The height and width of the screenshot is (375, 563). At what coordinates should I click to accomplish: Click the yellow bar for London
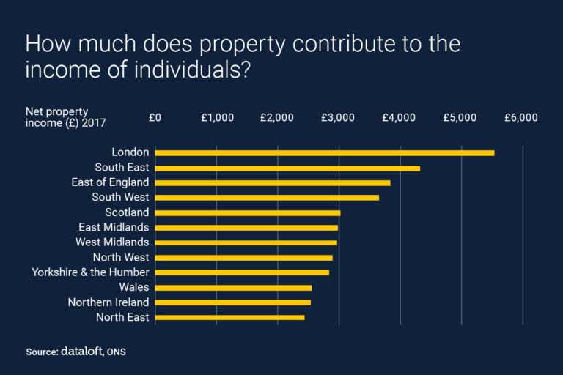(325, 152)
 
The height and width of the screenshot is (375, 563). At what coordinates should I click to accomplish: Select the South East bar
(287, 168)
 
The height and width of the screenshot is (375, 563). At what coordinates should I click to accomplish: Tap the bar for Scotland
(248, 212)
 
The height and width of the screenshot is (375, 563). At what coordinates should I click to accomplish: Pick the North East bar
(229, 317)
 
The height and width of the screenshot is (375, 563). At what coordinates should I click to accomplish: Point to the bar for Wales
(233, 287)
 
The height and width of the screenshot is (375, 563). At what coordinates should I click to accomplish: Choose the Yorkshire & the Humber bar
(242, 272)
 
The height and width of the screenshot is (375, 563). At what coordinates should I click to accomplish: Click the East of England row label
(110, 182)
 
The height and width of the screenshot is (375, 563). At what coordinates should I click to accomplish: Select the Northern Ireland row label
(108, 302)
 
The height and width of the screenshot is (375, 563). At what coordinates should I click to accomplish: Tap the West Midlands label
(112, 242)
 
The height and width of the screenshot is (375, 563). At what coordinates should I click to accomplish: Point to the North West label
(120, 257)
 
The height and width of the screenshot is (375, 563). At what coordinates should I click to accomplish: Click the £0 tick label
(155, 117)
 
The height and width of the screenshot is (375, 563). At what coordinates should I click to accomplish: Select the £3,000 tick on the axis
(339, 117)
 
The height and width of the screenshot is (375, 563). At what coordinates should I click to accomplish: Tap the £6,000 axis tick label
(521, 117)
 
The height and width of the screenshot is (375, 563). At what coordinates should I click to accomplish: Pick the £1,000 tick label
(217, 117)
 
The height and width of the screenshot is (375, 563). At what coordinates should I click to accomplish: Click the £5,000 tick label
(461, 117)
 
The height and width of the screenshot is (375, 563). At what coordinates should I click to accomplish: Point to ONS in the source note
(116, 352)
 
